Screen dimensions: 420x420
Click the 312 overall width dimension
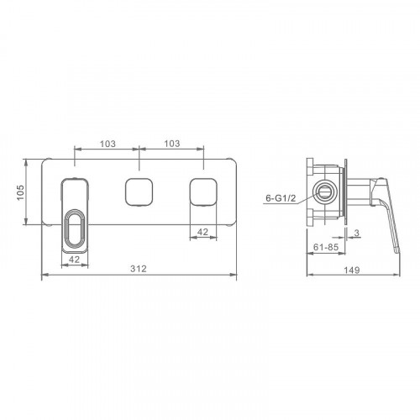click(139, 269)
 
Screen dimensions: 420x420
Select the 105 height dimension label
click(21, 192)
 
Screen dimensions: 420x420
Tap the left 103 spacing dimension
click(108, 144)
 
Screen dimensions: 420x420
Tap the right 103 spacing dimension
click(172, 144)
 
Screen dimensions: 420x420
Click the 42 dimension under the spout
click(74, 260)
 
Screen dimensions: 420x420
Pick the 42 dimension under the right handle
click(202, 232)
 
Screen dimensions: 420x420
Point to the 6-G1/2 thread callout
click(281, 198)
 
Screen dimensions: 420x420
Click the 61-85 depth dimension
click(326, 247)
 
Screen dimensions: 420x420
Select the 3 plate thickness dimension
click(356, 233)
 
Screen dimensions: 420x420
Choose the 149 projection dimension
click(352, 270)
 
